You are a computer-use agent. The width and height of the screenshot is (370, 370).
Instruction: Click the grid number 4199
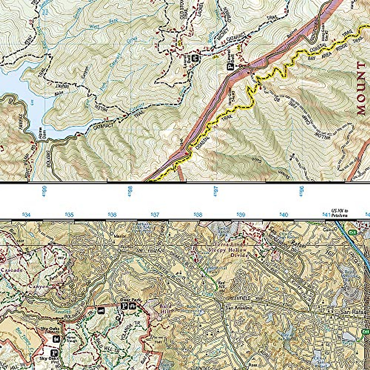tap(45, 191)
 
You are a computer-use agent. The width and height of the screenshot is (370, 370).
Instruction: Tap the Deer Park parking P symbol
tap(124, 306)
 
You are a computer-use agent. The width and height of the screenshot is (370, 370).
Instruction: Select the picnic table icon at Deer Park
tap(132, 306)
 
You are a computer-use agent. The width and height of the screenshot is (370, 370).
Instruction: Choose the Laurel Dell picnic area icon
tap(195, 58)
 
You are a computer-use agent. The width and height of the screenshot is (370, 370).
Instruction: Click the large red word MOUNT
tap(360, 88)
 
